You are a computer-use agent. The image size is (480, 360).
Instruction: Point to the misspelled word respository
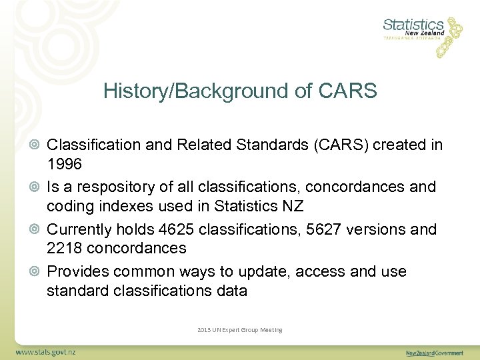pos(119,187)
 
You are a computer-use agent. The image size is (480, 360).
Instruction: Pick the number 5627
pos(319,229)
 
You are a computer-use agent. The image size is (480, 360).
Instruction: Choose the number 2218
pos(65,248)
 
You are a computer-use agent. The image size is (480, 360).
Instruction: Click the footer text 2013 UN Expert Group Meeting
pos(240,330)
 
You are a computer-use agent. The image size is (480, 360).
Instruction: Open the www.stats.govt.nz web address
pos(46,351)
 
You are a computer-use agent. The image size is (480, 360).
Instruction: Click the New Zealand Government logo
pos(435,352)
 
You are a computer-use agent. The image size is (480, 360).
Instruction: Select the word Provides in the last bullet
pos(77,272)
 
